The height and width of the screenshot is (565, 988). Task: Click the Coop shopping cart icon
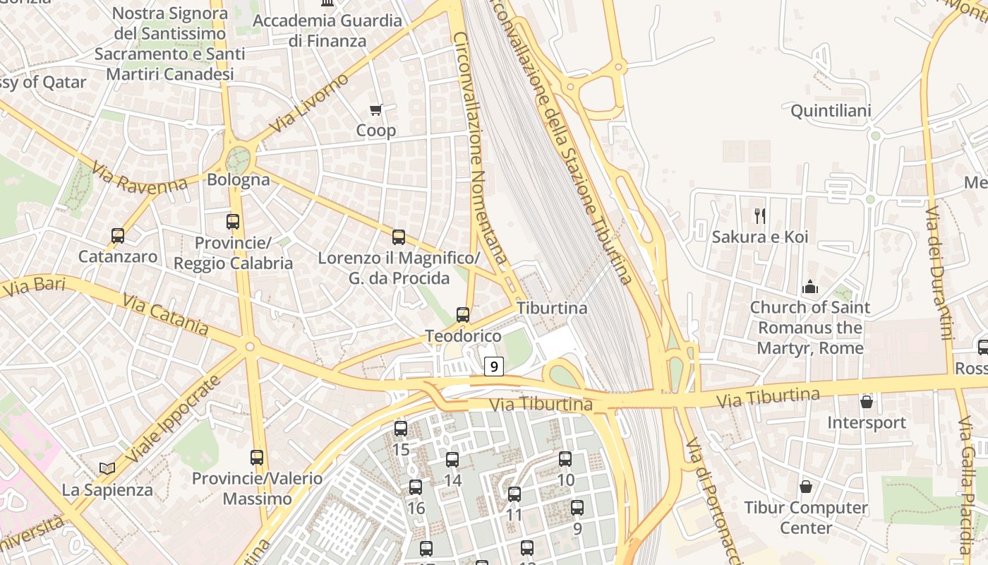click(x=376, y=109)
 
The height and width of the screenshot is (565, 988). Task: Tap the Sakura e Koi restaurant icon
click(x=759, y=215)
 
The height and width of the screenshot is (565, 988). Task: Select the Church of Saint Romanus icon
click(x=809, y=287)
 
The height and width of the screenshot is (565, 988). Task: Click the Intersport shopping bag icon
click(x=867, y=402)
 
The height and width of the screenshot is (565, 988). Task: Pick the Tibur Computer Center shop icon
click(x=806, y=487)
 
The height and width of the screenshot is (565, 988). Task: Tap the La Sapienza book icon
click(x=107, y=468)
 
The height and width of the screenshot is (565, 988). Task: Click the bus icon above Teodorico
click(x=463, y=314)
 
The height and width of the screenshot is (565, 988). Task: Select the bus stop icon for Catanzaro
click(x=118, y=235)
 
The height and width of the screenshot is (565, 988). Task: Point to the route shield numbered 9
click(x=494, y=367)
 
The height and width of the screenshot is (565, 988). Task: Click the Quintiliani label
click(x=831, y=111)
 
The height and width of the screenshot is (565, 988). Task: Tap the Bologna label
click(x=239, y=179)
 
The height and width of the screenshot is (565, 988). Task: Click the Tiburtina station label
click(x=552, y=308)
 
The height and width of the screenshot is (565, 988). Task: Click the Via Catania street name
click(x=166, y=316)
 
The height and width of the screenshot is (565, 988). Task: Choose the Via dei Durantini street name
click(x=939, y=273)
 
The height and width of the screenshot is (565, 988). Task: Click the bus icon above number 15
click(x=401, y=428)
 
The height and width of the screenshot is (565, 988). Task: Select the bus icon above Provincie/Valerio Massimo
click(x=257, y=457)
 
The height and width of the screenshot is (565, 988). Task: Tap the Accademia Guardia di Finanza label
click(x=327, y=30)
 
